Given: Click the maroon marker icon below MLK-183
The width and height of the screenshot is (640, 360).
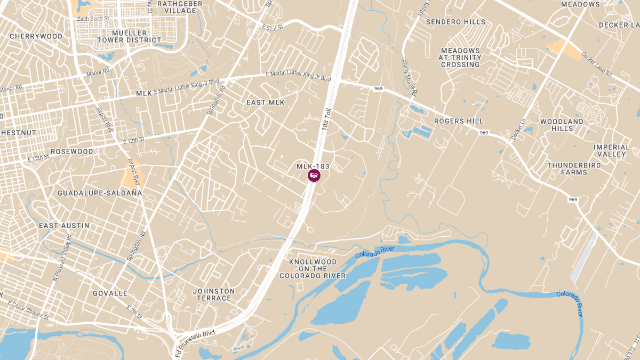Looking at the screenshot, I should pos(314,175).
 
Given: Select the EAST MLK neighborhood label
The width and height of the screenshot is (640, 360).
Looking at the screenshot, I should pos(265,102).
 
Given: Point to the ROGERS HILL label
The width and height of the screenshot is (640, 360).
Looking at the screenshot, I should pos(459,121).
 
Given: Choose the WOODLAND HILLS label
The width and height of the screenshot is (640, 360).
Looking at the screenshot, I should pos(562,125).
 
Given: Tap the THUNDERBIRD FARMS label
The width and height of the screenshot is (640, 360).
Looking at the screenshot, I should pos(574,169).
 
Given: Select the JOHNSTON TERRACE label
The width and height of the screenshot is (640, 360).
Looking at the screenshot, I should pos(214,294).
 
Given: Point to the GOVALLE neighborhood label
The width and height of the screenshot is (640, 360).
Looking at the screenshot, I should pos(110,293).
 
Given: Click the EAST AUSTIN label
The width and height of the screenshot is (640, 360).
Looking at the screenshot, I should pos(64,226).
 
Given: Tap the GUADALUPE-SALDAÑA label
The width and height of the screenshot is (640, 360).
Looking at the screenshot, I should pos(100,193).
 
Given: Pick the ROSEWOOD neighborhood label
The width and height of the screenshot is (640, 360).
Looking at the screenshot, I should pos(72,151).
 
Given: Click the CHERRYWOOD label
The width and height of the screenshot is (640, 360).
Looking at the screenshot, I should pos(36,36).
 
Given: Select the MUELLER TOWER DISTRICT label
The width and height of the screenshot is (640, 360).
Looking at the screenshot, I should pos(129,36).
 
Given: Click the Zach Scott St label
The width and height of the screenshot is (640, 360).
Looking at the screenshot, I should pos(93,19).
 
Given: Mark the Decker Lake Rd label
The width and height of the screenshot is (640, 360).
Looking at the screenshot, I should pos(596,63).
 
